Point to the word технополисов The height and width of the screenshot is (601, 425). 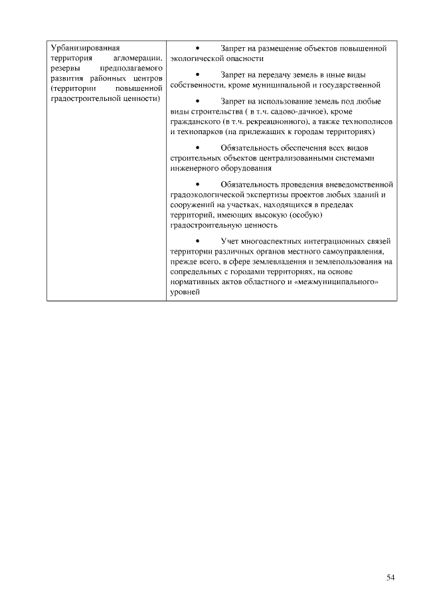coord(369,122)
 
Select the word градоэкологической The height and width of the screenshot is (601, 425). coord(211,195)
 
